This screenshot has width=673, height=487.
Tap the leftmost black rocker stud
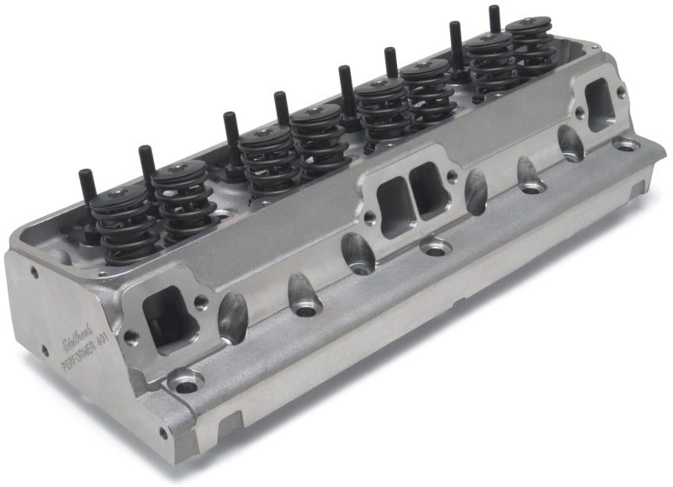click(x=87, y=195)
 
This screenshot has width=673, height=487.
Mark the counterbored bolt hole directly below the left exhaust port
click(x=184, y=382)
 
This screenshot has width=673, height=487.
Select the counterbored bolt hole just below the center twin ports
click(x=437, y=248)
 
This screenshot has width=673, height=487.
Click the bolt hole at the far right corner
click(x=627, y=145)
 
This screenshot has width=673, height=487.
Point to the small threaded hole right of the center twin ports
click(x=453, y=176)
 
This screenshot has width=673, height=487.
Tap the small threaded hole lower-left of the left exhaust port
click(x=130, y=336)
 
